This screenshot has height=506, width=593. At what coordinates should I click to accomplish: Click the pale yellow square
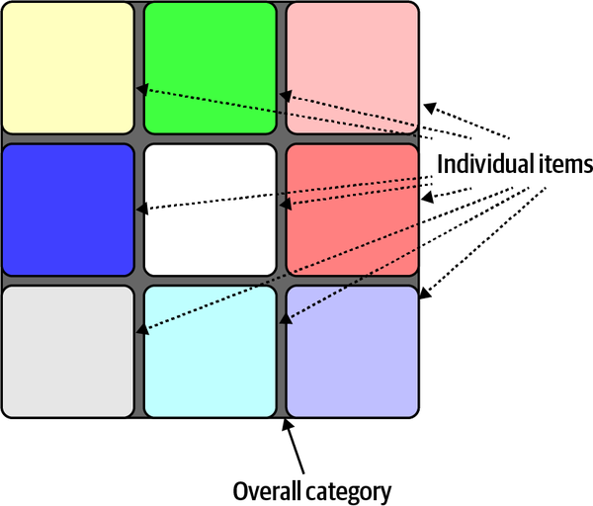pyautogui.click(x=68, y=67)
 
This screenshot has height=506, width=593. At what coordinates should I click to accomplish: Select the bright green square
pyautogui.click(x=211, y=67)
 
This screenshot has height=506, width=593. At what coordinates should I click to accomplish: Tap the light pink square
pyautogui.click(x=352, y=67)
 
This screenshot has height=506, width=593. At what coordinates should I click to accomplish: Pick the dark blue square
pyautogui.click(x=68, y=210)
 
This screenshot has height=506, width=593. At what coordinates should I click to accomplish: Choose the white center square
pyautogui.click(x=211, y=210)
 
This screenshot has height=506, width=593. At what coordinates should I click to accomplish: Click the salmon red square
pyautogui.click(x=352, y=210)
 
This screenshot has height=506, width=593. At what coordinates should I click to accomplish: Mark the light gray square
pyautogui.click(x=68, y=351)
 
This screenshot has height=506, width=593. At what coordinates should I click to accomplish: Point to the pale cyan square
pyautogui.click(x=211, y=351)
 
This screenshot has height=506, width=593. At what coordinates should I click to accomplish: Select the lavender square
pyautogui.click(x=352, y=351)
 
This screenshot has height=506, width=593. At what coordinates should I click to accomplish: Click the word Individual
pyautogui.click(x=484, y=163)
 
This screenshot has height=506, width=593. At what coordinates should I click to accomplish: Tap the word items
pyautogui.click(x=563, y=163)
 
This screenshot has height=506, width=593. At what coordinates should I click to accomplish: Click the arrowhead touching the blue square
pyautogui.click(x=141, y=210)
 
